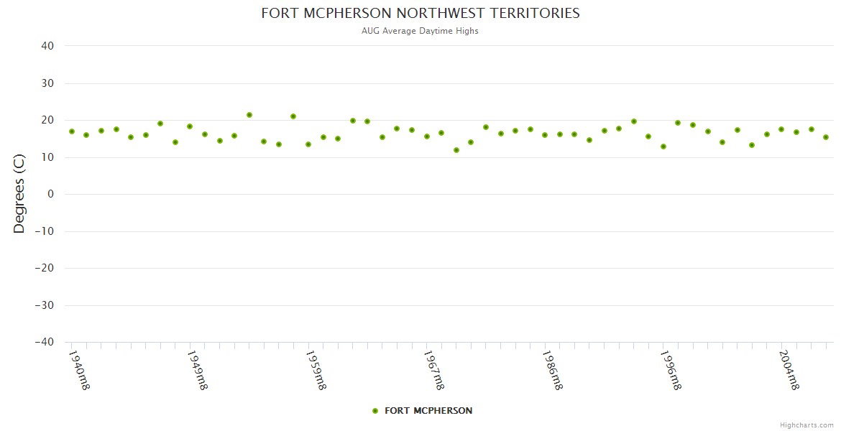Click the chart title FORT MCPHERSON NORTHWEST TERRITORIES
[x=420, y=13]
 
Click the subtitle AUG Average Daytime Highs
[x=420, y=31]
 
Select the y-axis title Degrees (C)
[x=19, y=194]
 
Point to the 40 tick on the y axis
[x=47, y=46]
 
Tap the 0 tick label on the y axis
[x=51, y=194]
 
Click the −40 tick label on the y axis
[x=45, y=343]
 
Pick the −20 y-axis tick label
[x=45, y=269]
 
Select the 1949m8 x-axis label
[x=197, y=370]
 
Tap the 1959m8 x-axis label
[x=316, y=370]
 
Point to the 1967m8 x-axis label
[x=433, y=370]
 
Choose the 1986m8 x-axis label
[x=552, y=370]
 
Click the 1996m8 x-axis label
[x=671, y=370]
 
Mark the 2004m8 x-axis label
[x=789, y=370]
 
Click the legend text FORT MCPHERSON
[x=428, y=411]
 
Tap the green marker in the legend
[x=375, y=411]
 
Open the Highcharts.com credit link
[x=806, y=425]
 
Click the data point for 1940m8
[x=72, y=131]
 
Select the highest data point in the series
[x=249, y=115]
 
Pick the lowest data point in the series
[x=456, y=150]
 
